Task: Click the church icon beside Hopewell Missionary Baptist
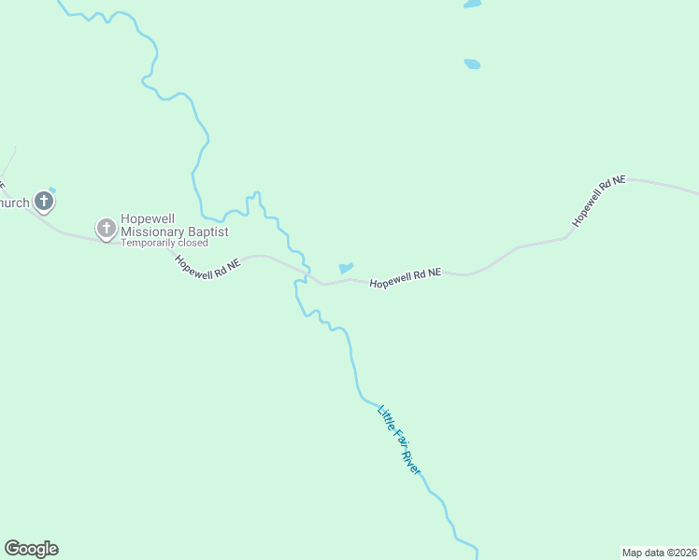coord(107,227)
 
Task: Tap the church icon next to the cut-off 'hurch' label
coord(43,201)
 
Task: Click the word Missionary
coord(154,232)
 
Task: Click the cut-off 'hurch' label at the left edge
coord(14,203)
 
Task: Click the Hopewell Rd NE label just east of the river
coord(405,278)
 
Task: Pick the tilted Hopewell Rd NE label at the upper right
coord(599,200)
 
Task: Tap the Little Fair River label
coord(400,440)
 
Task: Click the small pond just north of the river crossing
coord(346,268)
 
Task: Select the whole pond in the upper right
coord(472,64)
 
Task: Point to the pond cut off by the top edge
coord(472,4)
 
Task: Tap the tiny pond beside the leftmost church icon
coord(52,190)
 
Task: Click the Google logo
coord(31,549)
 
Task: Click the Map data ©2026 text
coord(660,553)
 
